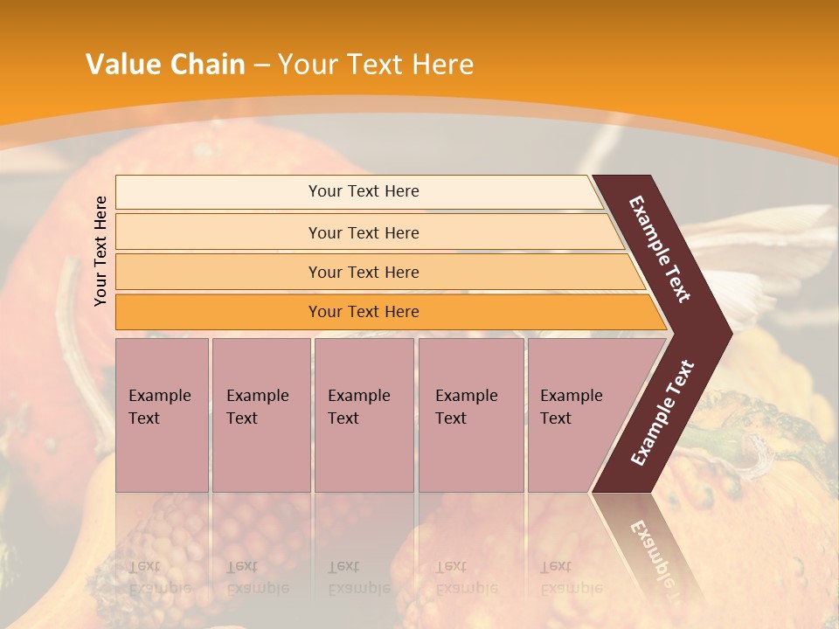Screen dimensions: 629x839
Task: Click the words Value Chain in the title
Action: tap(165, 65)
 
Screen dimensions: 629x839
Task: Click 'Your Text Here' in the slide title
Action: tap(375, 65)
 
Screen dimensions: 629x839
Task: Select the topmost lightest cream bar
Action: tap(218, 192)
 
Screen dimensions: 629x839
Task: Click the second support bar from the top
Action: tap(218, 232)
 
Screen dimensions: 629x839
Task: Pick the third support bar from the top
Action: tap(218, 272)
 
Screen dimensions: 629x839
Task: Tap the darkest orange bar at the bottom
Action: tap(218, 312)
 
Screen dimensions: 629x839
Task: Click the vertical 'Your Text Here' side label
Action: tap(101, 251)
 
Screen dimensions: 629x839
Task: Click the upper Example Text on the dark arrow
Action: tap(660, 249)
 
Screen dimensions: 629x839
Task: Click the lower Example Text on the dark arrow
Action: tap(662, 413)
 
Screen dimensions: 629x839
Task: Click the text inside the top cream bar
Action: tap(364, 191)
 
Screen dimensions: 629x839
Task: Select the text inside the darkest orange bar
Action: tap(364, 312)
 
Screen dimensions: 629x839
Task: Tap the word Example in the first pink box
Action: tap(159, 396)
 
